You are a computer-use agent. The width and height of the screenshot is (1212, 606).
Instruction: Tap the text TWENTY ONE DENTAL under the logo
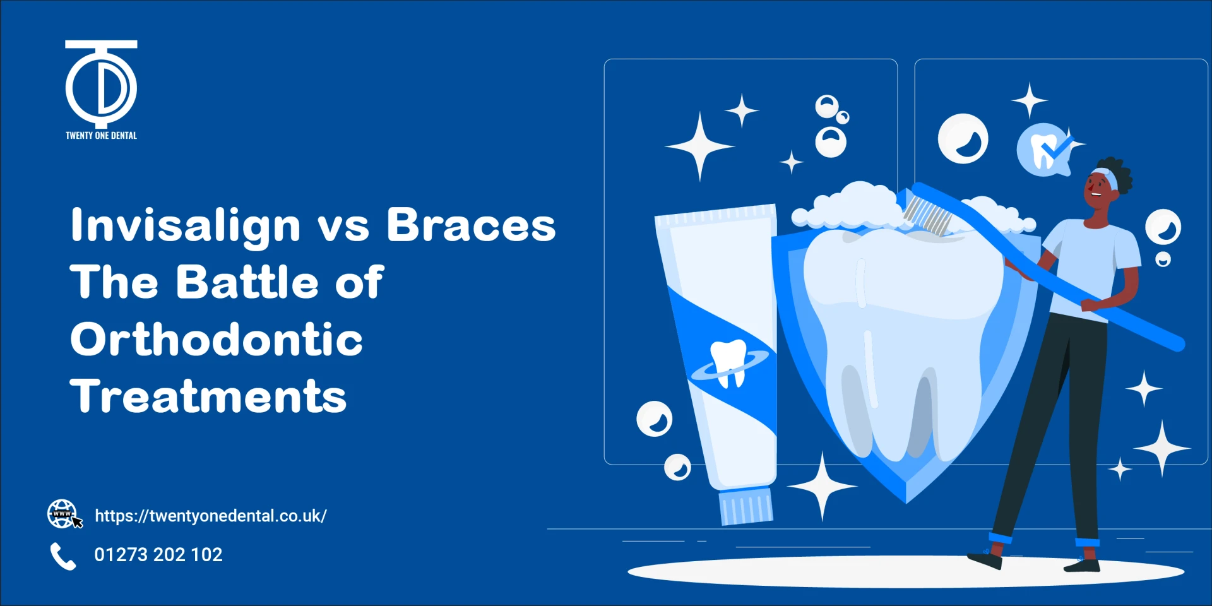[101, 135]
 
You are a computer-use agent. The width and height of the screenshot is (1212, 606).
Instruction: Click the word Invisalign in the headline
[186, 225]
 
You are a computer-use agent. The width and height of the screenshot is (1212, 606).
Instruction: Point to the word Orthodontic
[217, 339]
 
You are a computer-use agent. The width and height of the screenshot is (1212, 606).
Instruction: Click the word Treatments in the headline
[208, 396]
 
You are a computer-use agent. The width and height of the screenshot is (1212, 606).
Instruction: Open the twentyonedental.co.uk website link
[211, 516]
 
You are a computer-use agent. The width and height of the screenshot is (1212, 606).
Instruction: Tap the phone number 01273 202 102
[158, 554]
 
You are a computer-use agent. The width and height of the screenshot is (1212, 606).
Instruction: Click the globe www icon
[63, 514]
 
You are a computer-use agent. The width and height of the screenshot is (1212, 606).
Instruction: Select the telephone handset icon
[62, 556]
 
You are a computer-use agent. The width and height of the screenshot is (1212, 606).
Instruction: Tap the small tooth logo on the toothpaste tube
[729, 362]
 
